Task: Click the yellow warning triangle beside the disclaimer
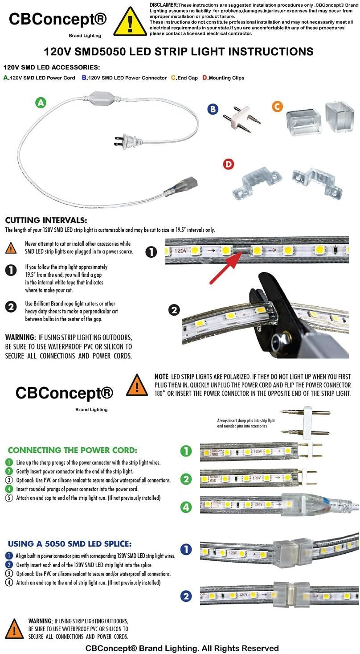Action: coord(130,22)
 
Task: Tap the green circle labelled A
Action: coord(41,103)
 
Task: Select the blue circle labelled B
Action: coord(213,109)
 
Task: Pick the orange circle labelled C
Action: coord(277,107)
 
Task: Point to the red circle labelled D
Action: coord(228,164)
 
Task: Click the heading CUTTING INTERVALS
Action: coord(46,220)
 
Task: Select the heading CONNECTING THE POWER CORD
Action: coord(73,450)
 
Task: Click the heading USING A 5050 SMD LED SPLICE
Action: coord(70,543)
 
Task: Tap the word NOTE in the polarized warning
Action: coord(161,377)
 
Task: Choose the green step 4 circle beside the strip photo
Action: coord(186,506)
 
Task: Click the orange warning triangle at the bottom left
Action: coord(14,628)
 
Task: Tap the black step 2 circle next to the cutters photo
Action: coord(175,310)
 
